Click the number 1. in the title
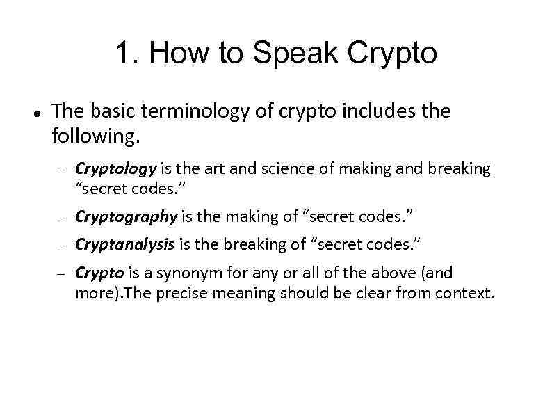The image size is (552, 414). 127,53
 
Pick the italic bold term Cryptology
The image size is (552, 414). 116,169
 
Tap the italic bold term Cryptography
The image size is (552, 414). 126,216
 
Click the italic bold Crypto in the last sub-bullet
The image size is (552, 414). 99,273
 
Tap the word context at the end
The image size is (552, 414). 466,293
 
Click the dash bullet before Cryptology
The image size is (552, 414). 60,170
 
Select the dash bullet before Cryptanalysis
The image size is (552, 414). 60,246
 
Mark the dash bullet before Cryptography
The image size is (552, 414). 60,218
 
